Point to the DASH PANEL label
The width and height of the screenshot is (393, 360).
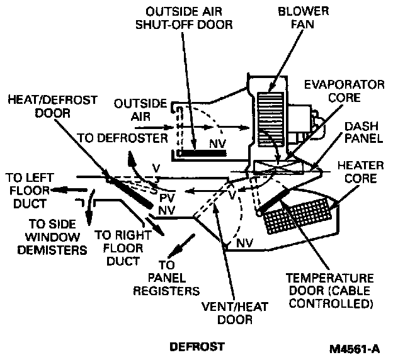coord(361,133)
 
